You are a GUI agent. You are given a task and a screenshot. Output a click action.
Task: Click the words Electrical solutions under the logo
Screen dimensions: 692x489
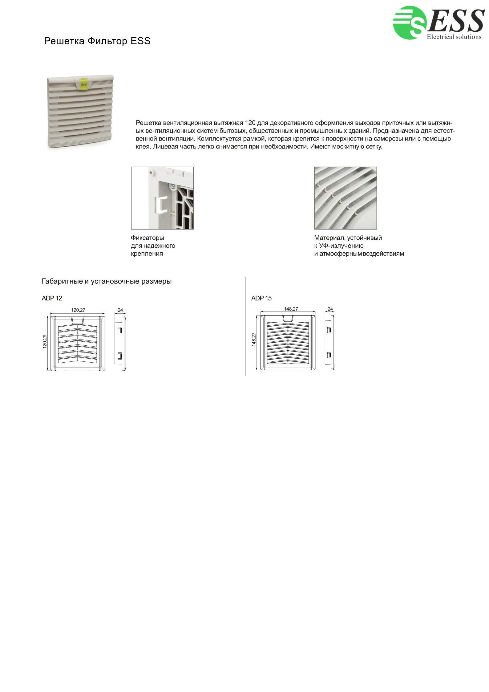454,37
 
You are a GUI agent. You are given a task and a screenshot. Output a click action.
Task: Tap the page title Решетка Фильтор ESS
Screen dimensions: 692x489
97,41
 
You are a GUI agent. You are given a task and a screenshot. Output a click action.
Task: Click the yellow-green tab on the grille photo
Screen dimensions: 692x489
84,83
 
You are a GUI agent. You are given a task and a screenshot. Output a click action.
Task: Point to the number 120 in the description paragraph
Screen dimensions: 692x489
250,123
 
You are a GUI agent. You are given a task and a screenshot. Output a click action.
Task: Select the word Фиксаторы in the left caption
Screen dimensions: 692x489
147,238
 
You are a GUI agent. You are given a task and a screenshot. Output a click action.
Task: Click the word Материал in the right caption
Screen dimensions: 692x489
329,238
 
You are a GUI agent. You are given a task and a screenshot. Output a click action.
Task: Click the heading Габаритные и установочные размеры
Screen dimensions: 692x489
107,281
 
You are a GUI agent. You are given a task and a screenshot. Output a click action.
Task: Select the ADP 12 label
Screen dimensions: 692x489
52,298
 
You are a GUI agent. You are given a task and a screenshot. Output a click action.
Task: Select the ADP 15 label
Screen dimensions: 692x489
261,298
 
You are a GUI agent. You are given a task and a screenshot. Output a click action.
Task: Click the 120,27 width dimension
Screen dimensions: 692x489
78,310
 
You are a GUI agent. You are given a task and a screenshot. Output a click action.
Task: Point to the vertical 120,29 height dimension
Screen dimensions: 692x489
45,341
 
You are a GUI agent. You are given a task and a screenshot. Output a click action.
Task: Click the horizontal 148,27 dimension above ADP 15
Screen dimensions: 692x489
291,309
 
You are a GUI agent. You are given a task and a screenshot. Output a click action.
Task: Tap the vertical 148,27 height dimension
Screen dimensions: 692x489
254,339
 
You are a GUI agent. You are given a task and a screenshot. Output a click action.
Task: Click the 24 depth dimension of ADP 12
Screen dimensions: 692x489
120,310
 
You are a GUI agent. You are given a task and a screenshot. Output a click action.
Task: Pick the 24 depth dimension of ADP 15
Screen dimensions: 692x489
330,309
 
